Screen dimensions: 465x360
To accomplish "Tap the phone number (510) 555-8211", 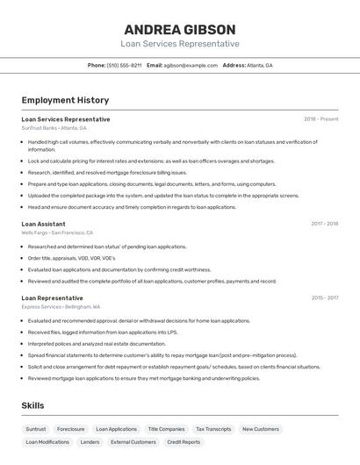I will pos(124,65).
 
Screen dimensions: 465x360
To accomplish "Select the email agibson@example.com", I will pos(190,65).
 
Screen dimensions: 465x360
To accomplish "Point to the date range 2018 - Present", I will pos(320,119).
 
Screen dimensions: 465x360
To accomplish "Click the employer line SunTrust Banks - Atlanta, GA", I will pos(54,128).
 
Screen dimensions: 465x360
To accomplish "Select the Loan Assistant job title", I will pos(43,224).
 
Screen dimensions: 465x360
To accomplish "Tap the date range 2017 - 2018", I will pos(324,224).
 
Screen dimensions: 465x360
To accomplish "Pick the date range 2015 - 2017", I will pos(324,297).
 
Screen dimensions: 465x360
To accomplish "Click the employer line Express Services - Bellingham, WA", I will pos(61,307).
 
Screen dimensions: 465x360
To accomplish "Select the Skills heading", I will pos(32,405).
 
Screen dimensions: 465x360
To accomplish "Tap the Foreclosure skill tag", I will pos(71,429).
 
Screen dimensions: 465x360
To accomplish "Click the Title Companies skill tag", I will pos(166,429).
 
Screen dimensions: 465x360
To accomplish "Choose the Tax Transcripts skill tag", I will pos(213,429).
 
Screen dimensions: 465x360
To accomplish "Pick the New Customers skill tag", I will pos(261,429).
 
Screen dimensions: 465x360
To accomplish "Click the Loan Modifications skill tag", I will pos(47,442).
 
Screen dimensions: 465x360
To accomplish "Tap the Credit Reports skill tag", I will pos(184,442).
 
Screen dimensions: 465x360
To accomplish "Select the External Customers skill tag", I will pos(133,442).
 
